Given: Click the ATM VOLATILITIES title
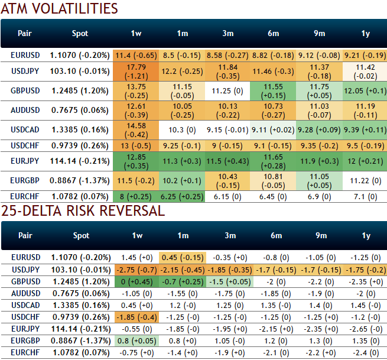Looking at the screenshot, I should (59, 9).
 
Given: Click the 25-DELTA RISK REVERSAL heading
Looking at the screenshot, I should (83, 211).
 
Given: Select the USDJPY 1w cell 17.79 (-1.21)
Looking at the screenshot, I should (136, 72).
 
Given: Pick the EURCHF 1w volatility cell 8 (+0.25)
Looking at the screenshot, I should (136, 196).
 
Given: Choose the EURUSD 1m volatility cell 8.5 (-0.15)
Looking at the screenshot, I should (182, 55).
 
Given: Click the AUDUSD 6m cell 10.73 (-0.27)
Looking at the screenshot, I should (274, 110).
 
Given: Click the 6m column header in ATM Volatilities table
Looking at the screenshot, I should (274, 34).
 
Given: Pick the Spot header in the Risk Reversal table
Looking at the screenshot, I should (81, 235).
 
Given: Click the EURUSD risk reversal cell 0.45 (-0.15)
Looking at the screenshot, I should (182, 258).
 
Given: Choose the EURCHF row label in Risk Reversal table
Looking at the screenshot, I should (25, 352).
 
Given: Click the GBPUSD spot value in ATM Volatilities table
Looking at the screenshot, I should (80, 91).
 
